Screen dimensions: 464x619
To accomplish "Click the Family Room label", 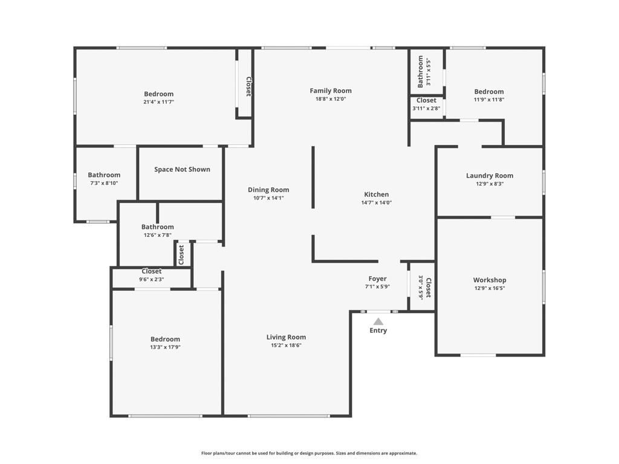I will point(331,91).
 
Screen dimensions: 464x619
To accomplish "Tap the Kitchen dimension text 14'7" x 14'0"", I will point(376,203).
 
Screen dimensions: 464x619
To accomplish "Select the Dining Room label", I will point(268,190).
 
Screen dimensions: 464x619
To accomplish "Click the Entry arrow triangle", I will point(378,321).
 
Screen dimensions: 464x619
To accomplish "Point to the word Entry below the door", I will point(378,330).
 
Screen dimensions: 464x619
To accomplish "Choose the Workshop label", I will point(490,280).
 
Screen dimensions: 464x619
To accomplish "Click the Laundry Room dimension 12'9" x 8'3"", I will point(490,184).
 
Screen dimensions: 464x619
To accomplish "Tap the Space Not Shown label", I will point(182,169).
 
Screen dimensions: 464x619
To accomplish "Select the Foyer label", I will point(377,279).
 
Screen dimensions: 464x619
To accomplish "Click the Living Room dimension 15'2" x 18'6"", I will point(287,346).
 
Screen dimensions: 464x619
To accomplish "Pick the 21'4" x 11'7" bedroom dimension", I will point(158,102).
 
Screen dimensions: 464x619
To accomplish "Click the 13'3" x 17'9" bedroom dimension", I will point(165,347).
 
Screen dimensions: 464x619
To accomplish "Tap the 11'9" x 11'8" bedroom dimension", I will point(488,100).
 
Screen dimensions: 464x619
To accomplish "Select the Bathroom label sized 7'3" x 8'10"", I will point(104,175).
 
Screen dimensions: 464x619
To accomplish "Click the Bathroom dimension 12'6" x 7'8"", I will point(158,235).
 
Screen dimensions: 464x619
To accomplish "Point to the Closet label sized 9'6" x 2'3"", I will point(151,271).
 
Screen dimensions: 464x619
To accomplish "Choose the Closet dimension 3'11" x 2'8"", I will point(426,109).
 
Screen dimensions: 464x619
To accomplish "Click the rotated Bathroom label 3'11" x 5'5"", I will point(421,72).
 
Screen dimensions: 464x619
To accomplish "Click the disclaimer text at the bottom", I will point(309,453).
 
